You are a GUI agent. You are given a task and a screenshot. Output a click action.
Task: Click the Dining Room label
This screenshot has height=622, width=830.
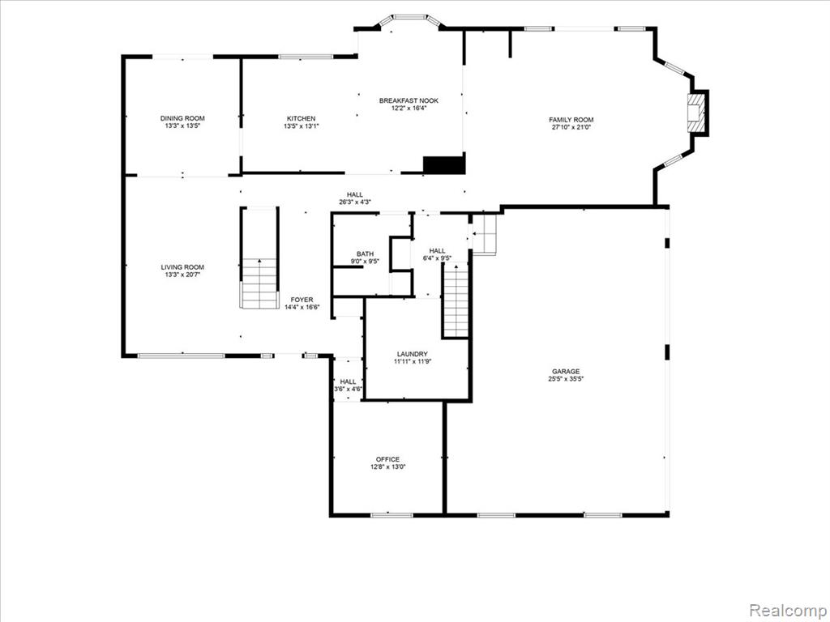point(182,118)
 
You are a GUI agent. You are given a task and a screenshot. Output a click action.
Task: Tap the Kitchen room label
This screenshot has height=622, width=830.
point(302,118)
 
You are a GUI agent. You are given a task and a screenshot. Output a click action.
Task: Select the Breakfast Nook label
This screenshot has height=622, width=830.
point(409,100)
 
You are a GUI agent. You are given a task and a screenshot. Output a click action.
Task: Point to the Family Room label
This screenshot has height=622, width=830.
point(571,120)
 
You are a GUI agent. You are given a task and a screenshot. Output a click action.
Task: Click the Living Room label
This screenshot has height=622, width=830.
point(182,267)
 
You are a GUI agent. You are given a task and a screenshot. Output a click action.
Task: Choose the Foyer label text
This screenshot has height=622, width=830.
point(302,300)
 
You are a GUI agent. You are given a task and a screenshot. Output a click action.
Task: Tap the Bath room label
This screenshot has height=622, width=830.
point(365,253)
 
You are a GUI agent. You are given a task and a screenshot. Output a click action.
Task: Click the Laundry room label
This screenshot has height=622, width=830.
point(413,354)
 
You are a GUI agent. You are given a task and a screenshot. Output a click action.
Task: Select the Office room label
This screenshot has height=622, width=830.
point(388,459)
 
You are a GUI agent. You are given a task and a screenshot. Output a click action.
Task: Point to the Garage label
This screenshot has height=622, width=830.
point(566,371)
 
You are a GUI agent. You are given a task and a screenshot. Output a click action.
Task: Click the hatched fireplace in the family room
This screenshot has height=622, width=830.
point(696,113)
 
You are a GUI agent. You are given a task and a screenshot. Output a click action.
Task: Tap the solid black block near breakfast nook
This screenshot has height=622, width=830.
point(444,164)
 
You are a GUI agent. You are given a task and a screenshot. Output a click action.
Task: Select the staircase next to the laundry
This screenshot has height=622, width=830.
point(456,300)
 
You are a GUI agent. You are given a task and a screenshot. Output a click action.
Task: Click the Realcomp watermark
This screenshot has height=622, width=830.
point(789,611)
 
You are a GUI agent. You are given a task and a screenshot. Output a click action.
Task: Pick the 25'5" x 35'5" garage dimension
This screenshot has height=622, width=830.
point(566,379)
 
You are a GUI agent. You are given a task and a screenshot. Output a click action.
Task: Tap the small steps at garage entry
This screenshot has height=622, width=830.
point(484,234)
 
